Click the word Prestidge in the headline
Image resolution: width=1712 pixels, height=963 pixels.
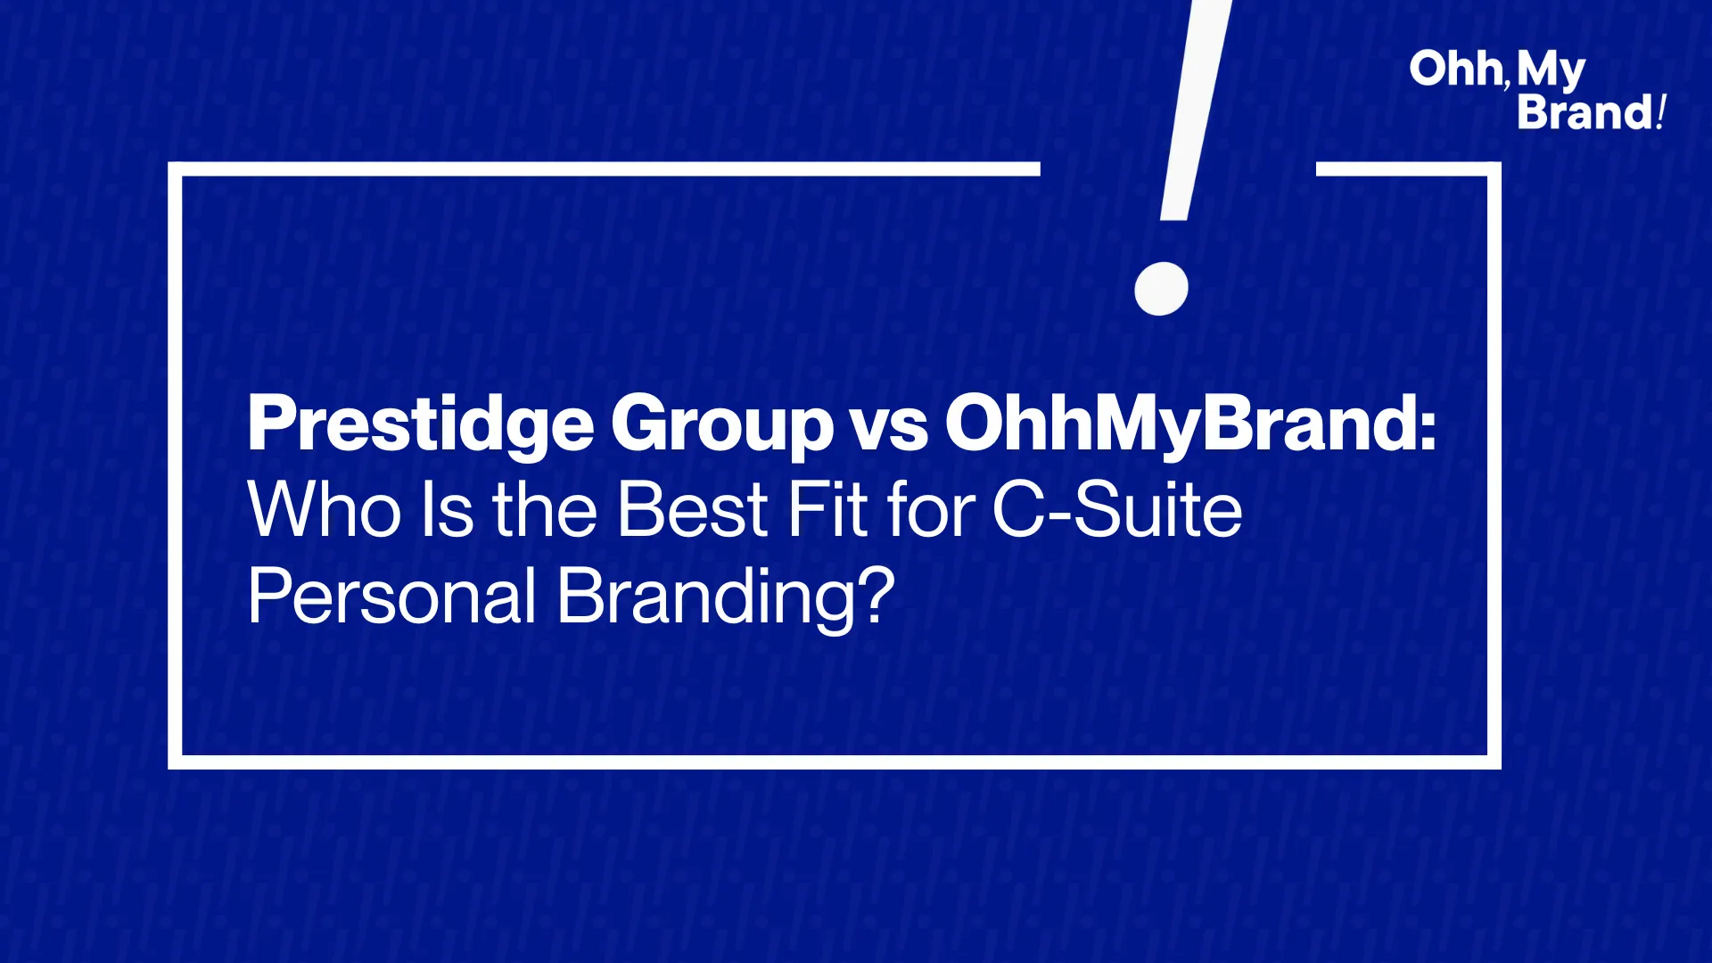click(x=421, y=424)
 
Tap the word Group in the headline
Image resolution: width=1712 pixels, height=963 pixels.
click(x=722, y=425)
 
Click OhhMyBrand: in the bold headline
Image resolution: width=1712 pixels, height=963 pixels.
click(x=1191, y=425)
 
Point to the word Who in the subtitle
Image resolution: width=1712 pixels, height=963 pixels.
click(x=325, y=510)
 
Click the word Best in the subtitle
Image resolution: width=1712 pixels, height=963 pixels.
click(x=693, y=510)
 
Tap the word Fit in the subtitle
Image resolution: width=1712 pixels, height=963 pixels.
click(x=827, y=510)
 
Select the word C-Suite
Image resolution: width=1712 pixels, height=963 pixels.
click(x=1117, y=510)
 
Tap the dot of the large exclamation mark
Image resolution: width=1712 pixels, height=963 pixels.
click(x=1161, y=288)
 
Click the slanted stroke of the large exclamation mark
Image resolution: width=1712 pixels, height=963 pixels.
click(x=1196, y=107)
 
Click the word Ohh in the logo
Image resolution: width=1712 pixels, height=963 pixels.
click(x=1454, y=69)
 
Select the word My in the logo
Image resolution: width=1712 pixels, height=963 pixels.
click(x=1551, y=71)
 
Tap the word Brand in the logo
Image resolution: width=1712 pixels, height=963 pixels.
click(x=1585, y=112)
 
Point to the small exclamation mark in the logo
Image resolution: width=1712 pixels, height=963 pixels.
click(x=1660, y=112)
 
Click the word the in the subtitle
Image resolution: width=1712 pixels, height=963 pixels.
click(x=545, y=510)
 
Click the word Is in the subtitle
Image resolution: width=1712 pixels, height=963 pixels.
click(x=447, y=510)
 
